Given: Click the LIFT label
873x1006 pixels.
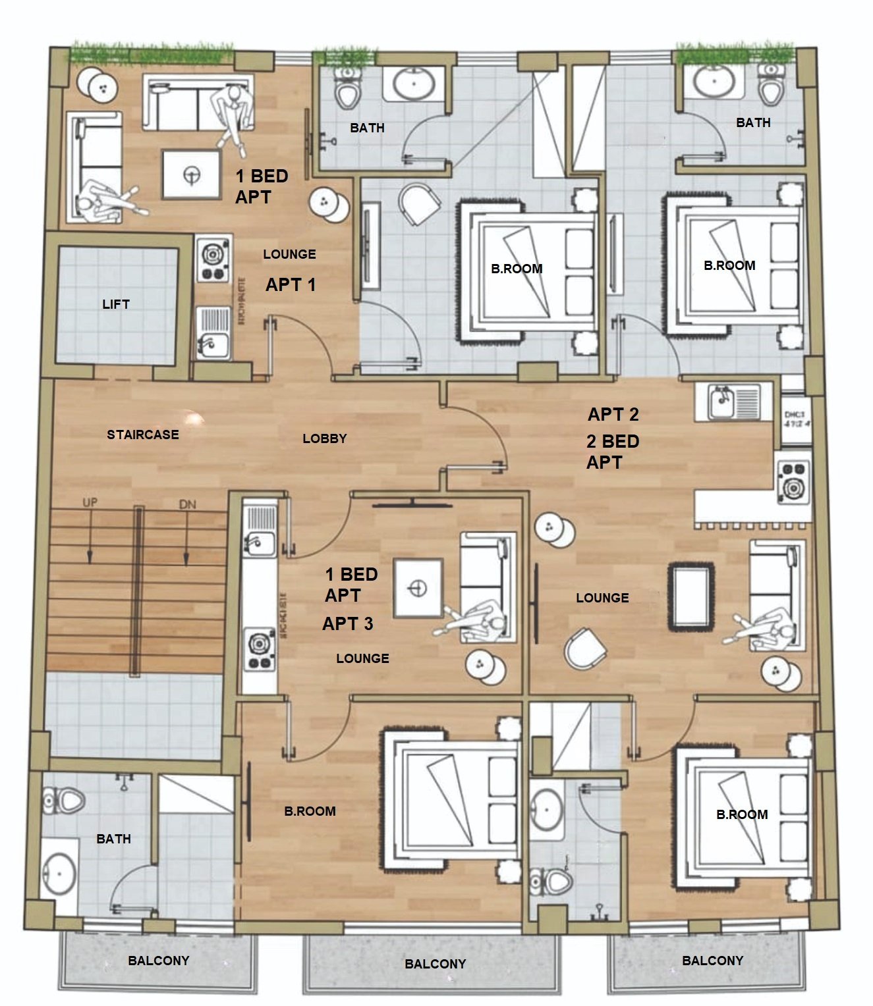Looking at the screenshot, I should point(115,304).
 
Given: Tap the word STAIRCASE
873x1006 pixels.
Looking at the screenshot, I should point(142,435).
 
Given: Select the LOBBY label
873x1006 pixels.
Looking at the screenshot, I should point(324,438).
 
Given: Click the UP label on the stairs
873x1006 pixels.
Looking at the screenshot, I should point(90,502).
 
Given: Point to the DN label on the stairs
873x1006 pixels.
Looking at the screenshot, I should point(187,504).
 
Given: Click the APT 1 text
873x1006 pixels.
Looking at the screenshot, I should point(291,284).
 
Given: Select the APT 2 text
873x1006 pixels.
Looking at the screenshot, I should point(613,414).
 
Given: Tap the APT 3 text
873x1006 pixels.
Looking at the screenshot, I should point(347,623).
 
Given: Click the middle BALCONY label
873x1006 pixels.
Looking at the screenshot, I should point(435,964).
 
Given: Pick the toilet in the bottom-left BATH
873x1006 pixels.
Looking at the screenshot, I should point(65,801).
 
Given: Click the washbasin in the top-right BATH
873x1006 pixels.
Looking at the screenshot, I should point(714,82).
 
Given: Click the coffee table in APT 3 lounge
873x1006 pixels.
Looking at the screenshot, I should point(418,588).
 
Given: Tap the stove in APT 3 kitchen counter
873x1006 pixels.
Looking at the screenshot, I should point(259,650).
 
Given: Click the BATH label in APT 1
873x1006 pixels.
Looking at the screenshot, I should point(367,128).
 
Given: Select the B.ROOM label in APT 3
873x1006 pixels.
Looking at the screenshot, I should point(310,811).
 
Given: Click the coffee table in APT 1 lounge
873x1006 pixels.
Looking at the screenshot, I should point(191,174).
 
